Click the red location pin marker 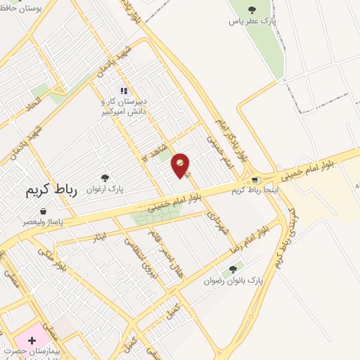tap(181, 165)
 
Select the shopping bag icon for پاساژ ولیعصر tap(43, 211)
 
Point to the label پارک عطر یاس tap(250, 21)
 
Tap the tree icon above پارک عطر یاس tap(252, 10)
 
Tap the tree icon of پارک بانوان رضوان tap(233, 269)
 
